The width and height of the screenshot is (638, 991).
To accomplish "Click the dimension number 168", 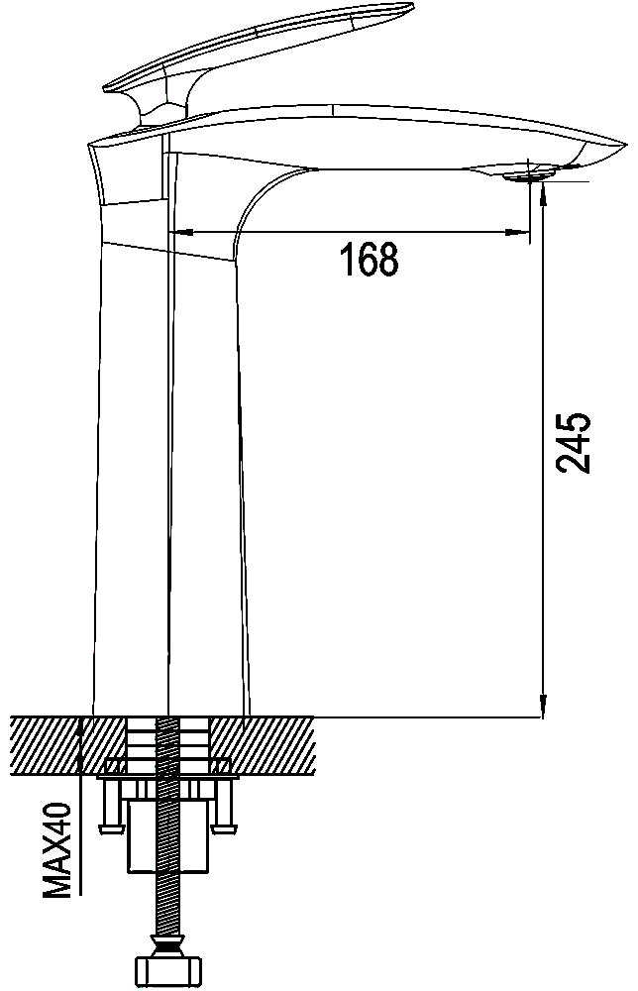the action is pyautogui.click(x=370, y=259).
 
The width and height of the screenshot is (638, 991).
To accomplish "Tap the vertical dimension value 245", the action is pyautogui.click(x=573, y=443).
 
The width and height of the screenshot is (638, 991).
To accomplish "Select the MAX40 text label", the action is pyautogui.click(x=57, y=849).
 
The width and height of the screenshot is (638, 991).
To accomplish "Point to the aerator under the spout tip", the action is pyautogui.click(x=531, y=173).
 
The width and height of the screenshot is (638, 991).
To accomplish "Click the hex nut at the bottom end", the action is pyautogui.click(x=168, y=972).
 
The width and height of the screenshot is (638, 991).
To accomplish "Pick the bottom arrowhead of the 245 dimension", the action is pyautogui.click(x=542, y=706).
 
